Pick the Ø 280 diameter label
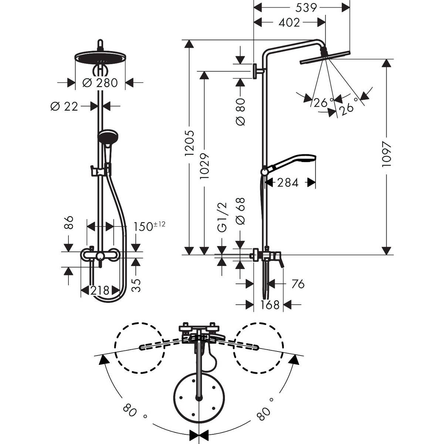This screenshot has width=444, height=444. point(100,83)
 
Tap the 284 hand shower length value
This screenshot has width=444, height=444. point(287,182)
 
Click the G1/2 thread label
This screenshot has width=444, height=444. point(222,218)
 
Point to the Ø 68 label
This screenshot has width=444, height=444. point(240,211)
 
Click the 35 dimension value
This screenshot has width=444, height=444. point(137,285)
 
